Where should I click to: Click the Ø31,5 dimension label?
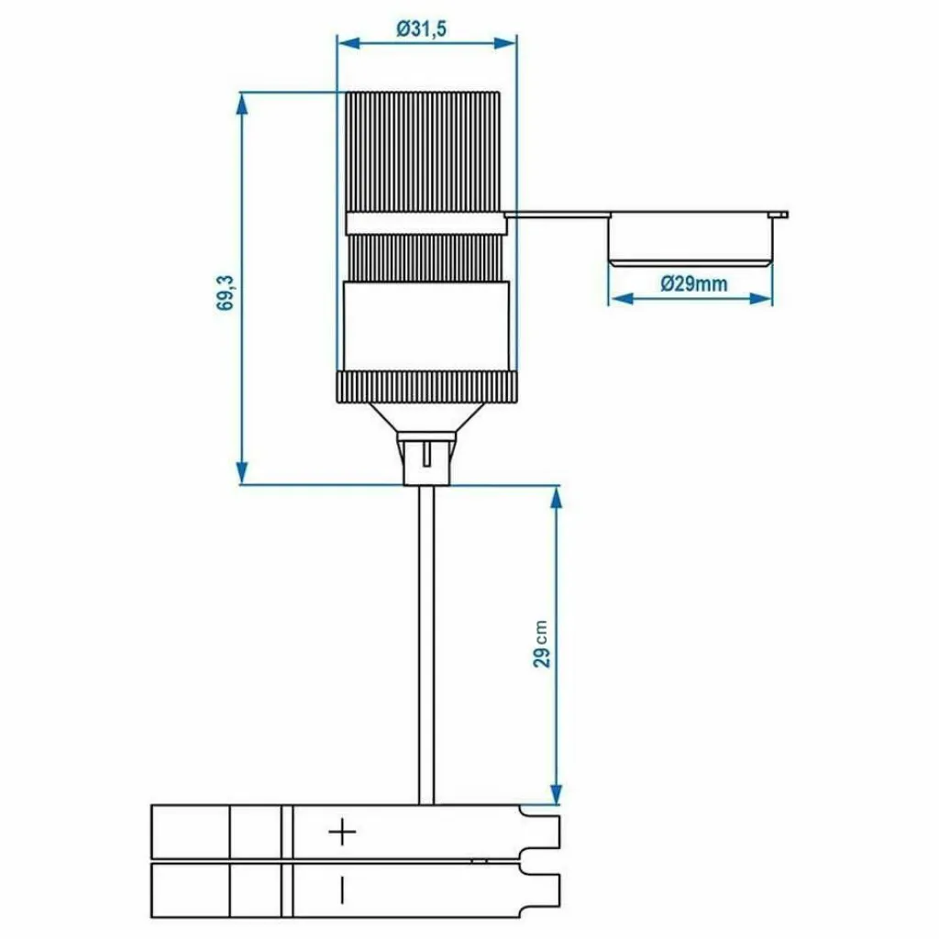[x=422, y=28]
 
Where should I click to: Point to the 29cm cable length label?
[x=542, y=643]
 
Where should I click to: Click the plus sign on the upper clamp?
[x=342, y=833]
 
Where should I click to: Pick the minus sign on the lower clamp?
[x=342, y=889]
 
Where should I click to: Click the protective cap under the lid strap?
[x=690, y=241]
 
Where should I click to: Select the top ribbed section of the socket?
[x=424, y=151]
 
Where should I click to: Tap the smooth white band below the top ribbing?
[x=424, y=223]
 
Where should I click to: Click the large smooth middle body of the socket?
[x=425, y=326]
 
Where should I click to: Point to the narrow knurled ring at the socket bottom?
[x=425, y=387]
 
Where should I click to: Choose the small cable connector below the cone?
[x=426, y=458]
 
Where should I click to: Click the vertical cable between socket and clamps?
[x=426, y=642]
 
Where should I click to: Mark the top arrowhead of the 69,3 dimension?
[x=242, y=101]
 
